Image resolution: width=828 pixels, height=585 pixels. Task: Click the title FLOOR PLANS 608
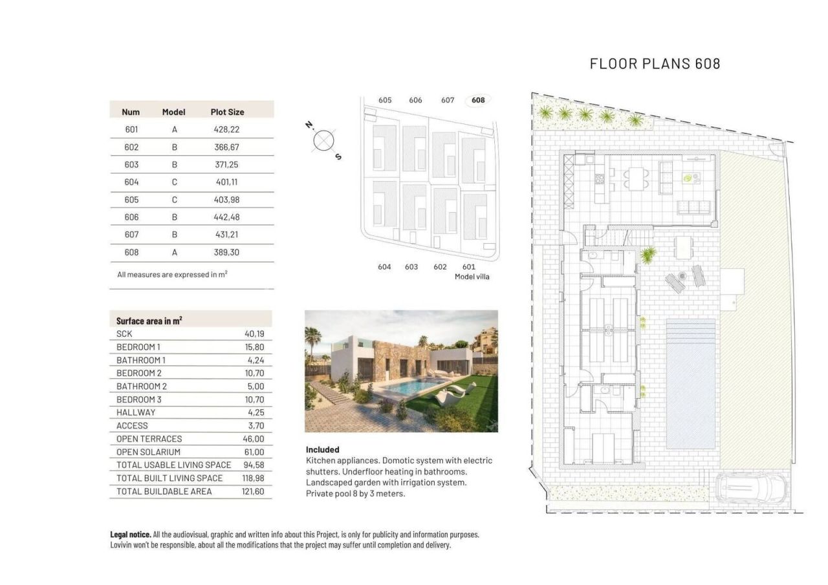coord(655,63)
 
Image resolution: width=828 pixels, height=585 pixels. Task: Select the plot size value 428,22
coord(226,129)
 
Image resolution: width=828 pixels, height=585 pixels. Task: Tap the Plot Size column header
coord(227,112)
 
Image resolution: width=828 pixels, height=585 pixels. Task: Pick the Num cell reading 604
coord(131,182)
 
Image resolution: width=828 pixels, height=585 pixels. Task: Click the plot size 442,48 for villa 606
coord(226,217)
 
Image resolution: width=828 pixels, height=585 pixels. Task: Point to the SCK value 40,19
coord(254,334)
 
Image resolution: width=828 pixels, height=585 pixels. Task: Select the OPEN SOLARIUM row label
coord(148,452)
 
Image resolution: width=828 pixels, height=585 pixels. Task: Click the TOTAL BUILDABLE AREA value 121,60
coord(253,491)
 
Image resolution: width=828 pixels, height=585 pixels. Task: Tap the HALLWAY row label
coord(136,412)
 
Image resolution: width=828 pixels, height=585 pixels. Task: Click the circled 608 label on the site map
coord(478,100)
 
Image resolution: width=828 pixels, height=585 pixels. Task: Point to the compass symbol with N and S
coord(323,140)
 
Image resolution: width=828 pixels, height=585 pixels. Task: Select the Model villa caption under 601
coord(472,277)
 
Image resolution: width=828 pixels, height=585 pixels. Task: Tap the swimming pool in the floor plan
coord(691,383)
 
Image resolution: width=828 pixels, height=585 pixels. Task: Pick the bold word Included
coord(322,450)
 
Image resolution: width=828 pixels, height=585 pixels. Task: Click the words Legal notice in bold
coord(131,535)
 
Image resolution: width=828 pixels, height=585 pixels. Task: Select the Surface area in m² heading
coord(149,321)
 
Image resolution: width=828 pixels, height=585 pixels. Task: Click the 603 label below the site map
coord(411,267)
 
